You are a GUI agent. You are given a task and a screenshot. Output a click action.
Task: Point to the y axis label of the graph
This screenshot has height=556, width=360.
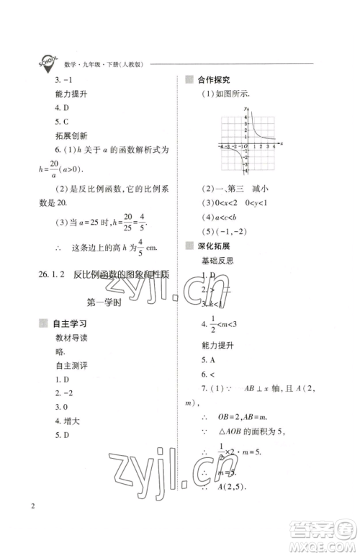[x=245, y=108]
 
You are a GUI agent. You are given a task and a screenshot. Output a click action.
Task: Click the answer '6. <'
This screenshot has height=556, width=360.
[x=206, y=375]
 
